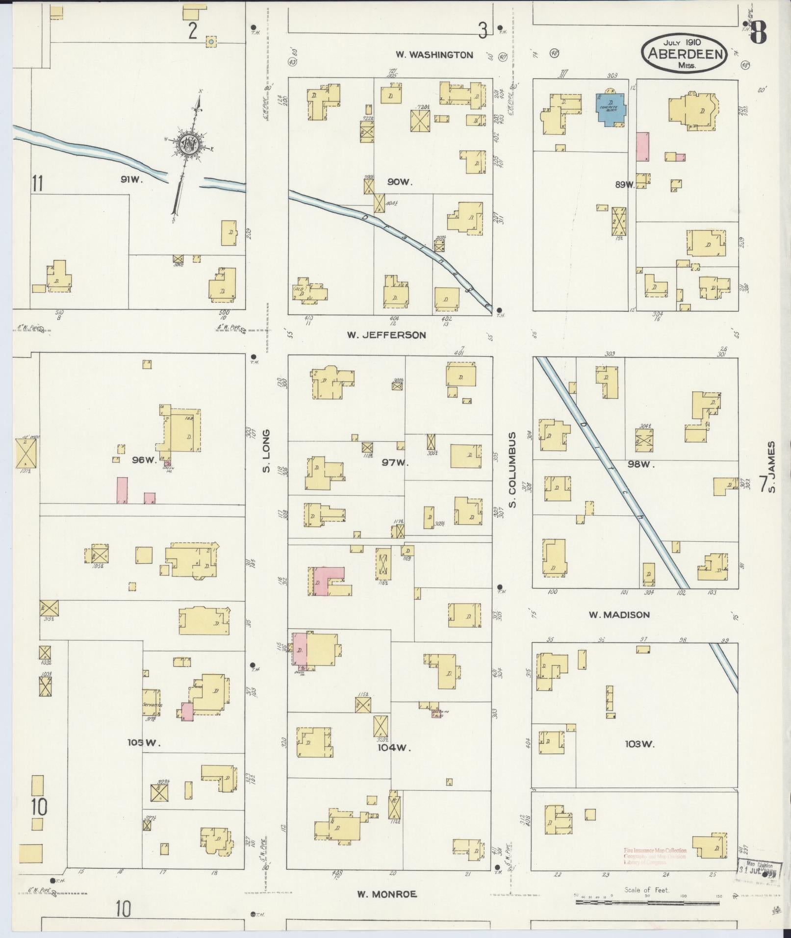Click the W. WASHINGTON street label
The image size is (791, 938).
(434, 55)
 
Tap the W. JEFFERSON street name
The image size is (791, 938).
(386, 335)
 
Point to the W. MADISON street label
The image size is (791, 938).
(619, 615)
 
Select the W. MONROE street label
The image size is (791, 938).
(387, 894)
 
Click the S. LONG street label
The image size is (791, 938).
(266, 451)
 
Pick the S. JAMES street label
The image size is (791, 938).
(771, 467)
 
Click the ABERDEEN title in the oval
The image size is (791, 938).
(686, 53)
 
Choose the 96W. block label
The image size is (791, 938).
(144, 460)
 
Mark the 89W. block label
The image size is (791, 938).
(625, 185)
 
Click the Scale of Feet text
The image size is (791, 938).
(647, 890)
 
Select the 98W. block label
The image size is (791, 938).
(640, 464)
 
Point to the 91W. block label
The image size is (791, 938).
(131, 180)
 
